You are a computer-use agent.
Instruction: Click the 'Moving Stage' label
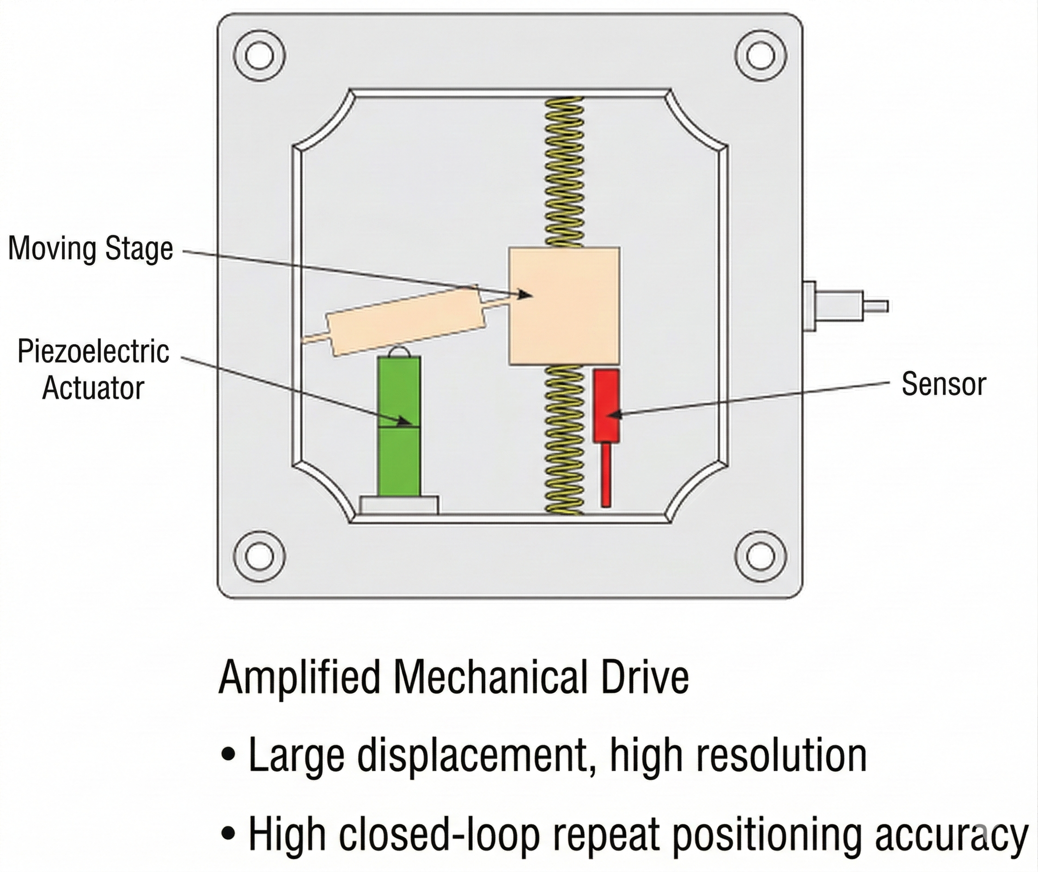[91, 248]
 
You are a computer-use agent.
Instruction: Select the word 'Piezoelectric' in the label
[93, 351]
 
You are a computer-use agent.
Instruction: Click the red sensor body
[606, 405]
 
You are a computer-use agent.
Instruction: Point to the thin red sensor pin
[606, 474]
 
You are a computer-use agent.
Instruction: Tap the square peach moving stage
[564, 306]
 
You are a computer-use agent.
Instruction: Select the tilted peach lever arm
[405, 321]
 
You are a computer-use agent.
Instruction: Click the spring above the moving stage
[564, 170]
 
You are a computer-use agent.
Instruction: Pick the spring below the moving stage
[563, 440]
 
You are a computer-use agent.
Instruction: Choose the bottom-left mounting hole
[259, 557]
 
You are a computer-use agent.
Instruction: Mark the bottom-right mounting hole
[761, 557]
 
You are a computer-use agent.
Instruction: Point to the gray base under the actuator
[399, 505]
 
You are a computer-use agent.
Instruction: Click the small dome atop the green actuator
[400, 351]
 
